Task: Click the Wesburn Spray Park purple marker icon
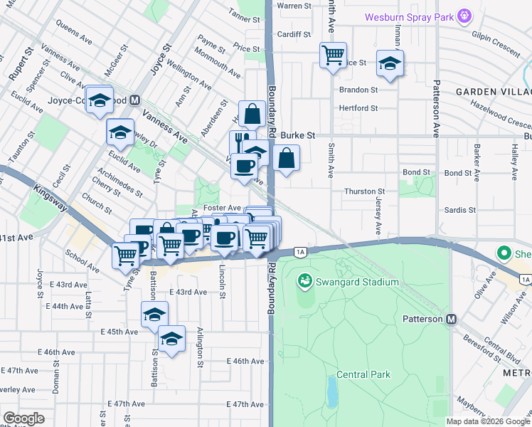pyautogui.click(x=465, y=15)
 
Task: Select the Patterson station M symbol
pyautogui.click(x=451, y=320)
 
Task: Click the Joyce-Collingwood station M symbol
pyautogui.click(x=134, y=100)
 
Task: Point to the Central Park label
pyautogui.click(x=362, y=374)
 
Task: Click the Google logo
pyautogui.click(x=23, y=418)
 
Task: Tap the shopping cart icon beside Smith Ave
pyautogui.click(x=333, y=55)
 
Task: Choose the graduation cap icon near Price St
pyautogui.click(x=390, y=63)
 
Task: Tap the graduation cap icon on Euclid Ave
pyautogui.click(x=121, y=132)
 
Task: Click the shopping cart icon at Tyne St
pyautogui.click(x=126, y=255)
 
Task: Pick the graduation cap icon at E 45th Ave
pyautogui.click(x=154, y=315)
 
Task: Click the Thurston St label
pyautogui.click(x=364, y=191)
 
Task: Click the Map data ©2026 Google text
pyautogui.click(x=488, y=421)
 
